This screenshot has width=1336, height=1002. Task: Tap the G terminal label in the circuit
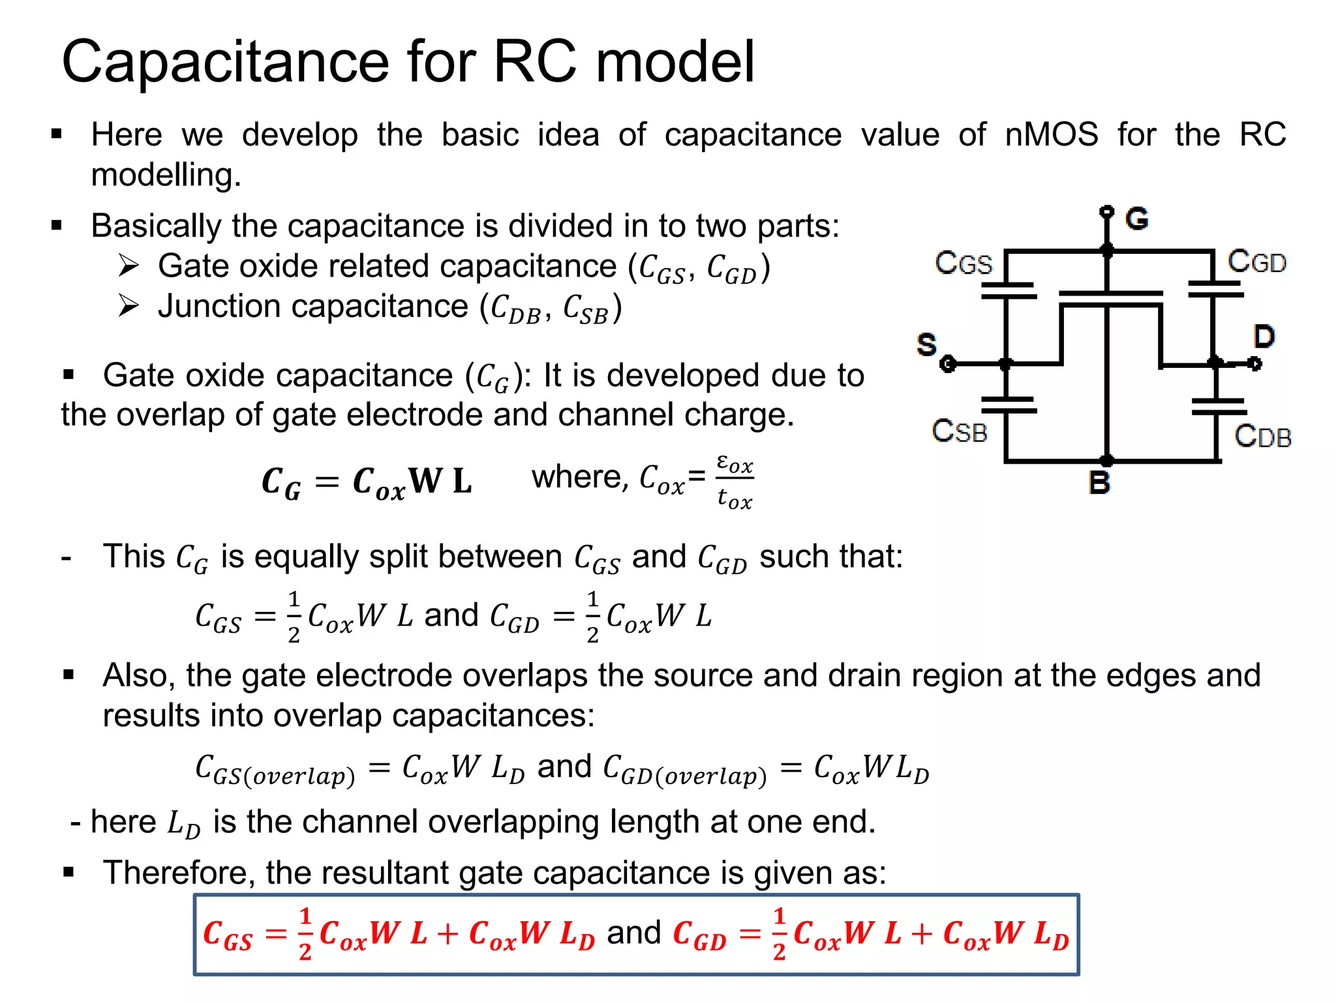pyautogui.click(x=1136, y=219)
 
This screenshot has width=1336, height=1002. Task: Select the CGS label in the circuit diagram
pyautogui.click(x=964, y=263)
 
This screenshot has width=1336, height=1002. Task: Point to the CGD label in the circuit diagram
pyautogui.click(x=1256, y=262)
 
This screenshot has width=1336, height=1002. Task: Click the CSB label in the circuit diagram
pyautogui.click(x=960, y=431)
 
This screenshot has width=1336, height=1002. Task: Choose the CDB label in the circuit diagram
pyautogui.click(x=1262, y=436)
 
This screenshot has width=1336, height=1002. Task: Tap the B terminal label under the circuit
pyautogui.click(x=1100, y=483)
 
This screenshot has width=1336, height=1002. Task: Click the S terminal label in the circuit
pyautogui.click(x=926, y=344)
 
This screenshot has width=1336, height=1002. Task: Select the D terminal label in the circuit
pyautogui.click(x=1264, y=337)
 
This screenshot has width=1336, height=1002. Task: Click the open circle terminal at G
pyautogui.click(x=1106, y=211)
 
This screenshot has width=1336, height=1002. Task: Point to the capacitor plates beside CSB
pyautogui.click(x=1009, y=405)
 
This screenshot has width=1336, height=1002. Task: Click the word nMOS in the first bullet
pyautogui.click(x=1052, y=135)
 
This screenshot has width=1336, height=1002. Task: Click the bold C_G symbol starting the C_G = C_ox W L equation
pyautogui.click(x=281, y=483)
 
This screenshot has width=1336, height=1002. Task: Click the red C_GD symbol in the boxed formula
pyautogui.click(x=699, y=934)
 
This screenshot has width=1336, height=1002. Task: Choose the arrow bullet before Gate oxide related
pyautogui.click(x=129, y=266)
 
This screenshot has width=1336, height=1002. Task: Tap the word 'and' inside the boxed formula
pyautogui.click(x=633, y=933)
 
